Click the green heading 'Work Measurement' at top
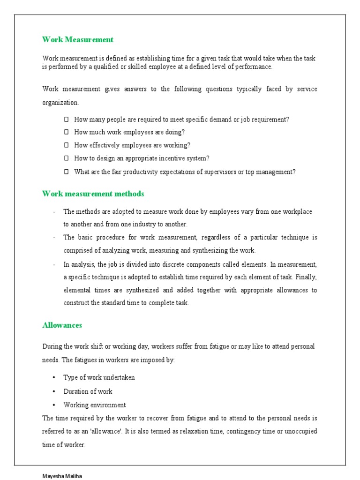tap(78, 39)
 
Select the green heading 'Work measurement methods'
tap(93, 194)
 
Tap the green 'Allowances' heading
tap(62, 325)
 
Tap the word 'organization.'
tap(60, 102)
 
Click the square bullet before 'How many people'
tap(66, 120)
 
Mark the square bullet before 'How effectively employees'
tap(66, 145)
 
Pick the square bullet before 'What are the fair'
tap(66, 172)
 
